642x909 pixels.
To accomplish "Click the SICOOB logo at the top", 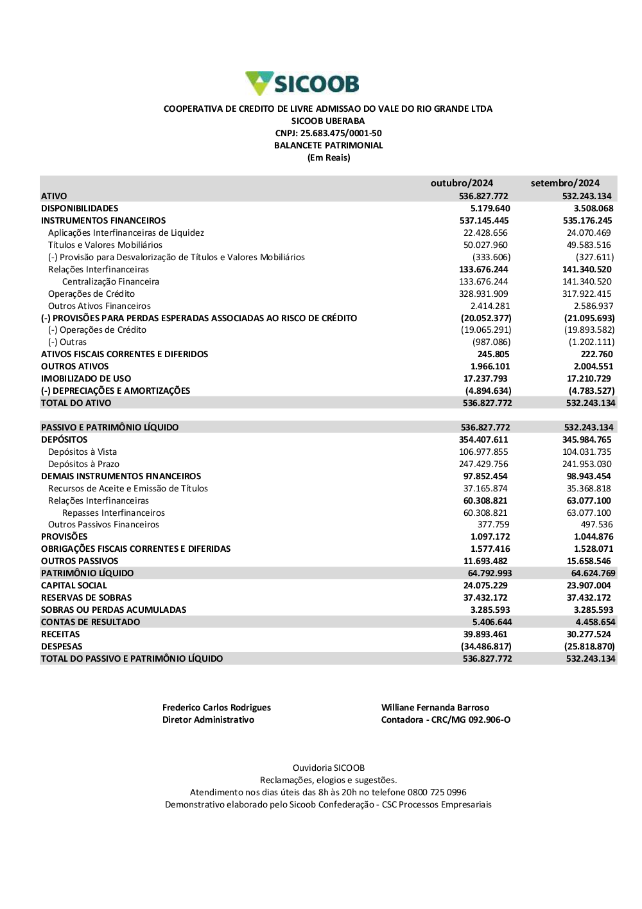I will click(x=302, y=84).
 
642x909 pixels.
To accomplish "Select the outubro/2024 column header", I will click(x=462, y=183).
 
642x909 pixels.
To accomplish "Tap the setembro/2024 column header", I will click(x=565, y=183).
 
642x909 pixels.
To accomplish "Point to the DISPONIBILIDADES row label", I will click(x=80, y=208).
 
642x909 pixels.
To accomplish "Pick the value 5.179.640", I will click(x=490, y=208).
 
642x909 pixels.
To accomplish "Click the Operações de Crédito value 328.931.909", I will click(x=483, y=294).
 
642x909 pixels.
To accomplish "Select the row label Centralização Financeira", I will click(x=110, y=281).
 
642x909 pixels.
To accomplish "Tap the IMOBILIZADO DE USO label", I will click(x=86, y=378).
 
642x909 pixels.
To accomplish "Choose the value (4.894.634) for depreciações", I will click(x=488, y=391).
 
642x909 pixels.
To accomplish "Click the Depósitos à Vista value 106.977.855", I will click(x=483, y=452).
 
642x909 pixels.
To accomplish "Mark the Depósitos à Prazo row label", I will click(x=83, y=464).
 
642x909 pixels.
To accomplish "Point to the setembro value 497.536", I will click(x=596, y=524).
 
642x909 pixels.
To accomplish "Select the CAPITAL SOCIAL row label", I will click(x=74, y=585).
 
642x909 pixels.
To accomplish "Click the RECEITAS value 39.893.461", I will click(x=485, y=634).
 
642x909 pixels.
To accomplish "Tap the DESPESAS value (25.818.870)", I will click(x=589, y=646).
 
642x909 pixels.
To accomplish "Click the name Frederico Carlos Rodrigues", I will click(x=216, y=707).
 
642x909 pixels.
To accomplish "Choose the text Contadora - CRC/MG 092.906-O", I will click(x=446, y=719).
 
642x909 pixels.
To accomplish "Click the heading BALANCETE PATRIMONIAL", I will click(x=328, y=145).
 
